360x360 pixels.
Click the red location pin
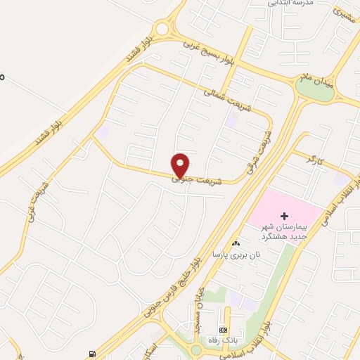[181, 165]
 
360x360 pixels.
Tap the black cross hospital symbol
[283, 215]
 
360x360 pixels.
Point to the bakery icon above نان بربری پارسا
[236, 243]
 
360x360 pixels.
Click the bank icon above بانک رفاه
[223, 330]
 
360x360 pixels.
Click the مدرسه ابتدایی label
[287, 4]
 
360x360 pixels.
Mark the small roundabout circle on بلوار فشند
[164, 30]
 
